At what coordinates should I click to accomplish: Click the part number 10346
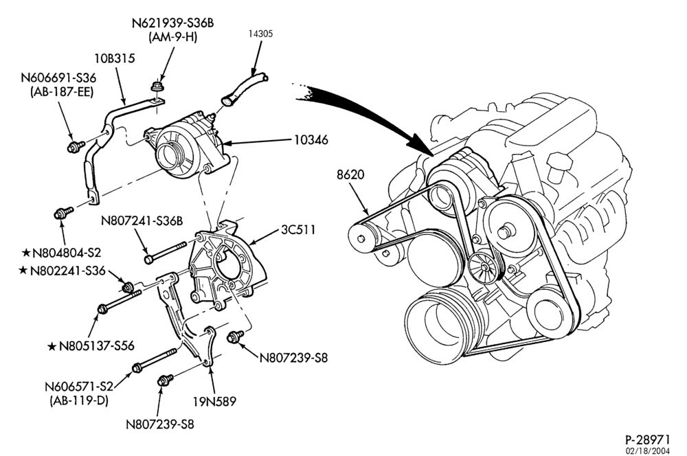point(311,140)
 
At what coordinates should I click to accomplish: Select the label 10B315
point(114,58)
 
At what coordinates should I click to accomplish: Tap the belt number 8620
point(350,174)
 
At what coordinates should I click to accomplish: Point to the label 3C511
point(298,229)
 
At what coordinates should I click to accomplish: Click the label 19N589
point(214,401)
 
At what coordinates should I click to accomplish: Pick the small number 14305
point(260,34)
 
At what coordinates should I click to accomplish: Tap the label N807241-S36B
point(142,220)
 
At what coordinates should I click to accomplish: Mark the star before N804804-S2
point(26,253)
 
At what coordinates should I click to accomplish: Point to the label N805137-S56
point(96,346)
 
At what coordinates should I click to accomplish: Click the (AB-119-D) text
point(79,400)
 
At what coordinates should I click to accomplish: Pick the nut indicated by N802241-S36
point(127,288)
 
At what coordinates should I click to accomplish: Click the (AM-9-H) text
point(172,37)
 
